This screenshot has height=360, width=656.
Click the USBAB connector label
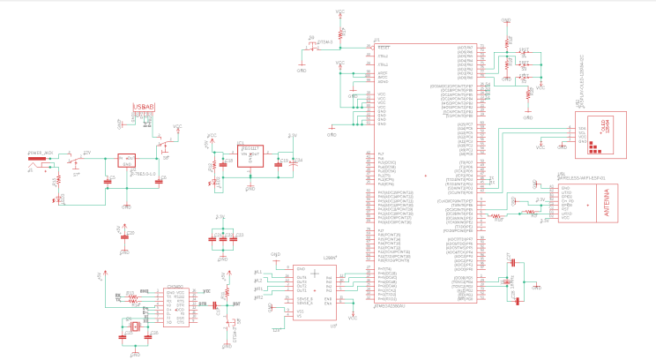pyautogui.click(x=144, y=107)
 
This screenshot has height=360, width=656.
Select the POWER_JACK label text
pyautogui.click(x=41, y=153)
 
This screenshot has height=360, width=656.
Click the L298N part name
pyautogui.click(x=331, y=257)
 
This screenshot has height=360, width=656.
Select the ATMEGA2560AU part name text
pyautogui.click(x=388, y=305)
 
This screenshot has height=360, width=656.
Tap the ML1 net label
pyautogui.click(x=258, y=271)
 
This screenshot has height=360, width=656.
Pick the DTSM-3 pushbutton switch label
pyautogui.click(x=324, y=41)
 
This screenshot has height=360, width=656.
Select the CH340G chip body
pyautogui.click(x=175, y=305)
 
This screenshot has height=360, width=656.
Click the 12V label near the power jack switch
pyautogui.click(x=87, y=153)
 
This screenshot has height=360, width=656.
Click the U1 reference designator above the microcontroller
pyautogui.click(x=376, y=40)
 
